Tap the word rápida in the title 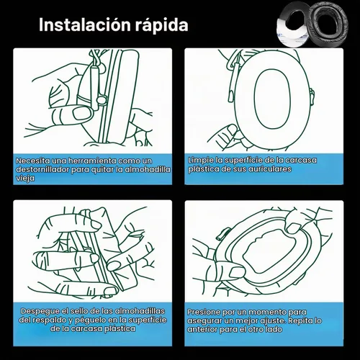[161, 25]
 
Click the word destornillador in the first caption [42, 169]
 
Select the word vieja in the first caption [25, 179]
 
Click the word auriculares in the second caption [269, 169]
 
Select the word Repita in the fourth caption [301, 321]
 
